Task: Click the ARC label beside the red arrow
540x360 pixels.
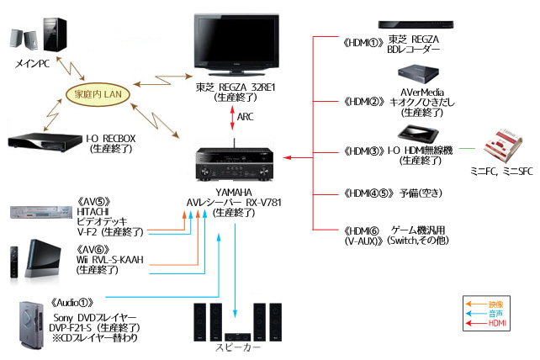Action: coord(246,116)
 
